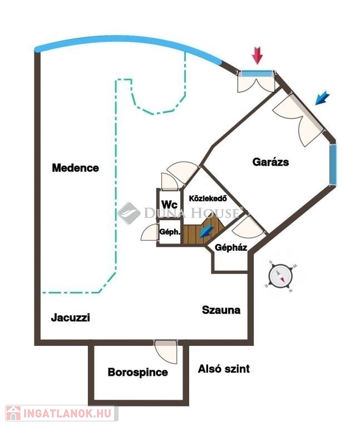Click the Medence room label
[76, 168]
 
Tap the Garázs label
[270, 162]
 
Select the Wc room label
[169, 204]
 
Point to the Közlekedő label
[208, 198]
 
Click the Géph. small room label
[170, 232]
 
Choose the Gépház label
[231, 247]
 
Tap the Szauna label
[221, 310]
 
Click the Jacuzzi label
[70, 317]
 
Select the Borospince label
[137, 373]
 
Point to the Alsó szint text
[224, 369]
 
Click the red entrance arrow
[257, 56]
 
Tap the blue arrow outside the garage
[322, 98]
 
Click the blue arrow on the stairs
[206, 231]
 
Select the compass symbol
[280, 276]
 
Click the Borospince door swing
[166, 351]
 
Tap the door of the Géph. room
[150, 232]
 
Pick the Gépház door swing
[249, 227]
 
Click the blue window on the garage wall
[333, 165]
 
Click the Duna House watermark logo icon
[129, 213]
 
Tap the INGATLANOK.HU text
[67, 414]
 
